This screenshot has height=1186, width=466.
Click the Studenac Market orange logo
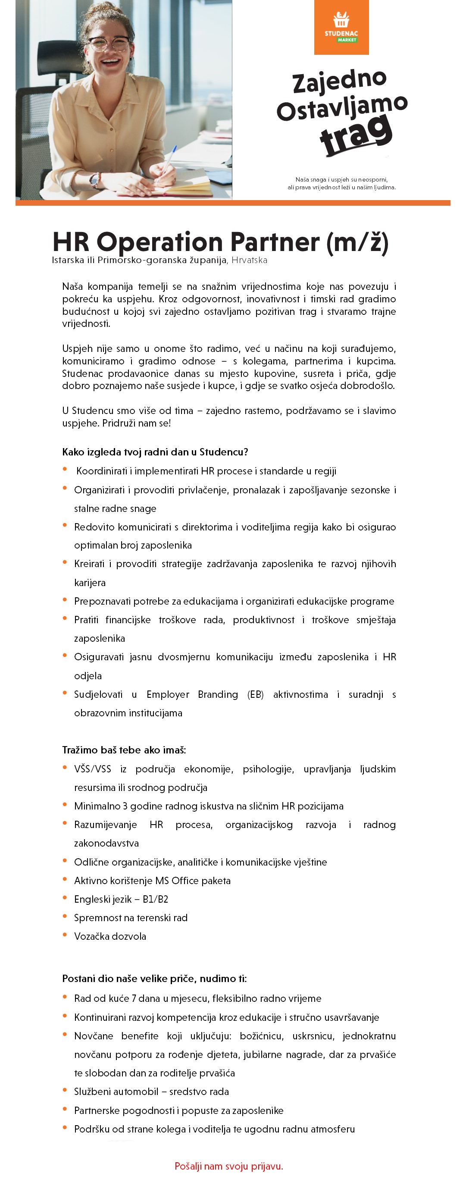[341, 27]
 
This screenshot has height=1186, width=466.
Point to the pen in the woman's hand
[169, 160]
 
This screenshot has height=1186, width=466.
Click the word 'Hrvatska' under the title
[249, 260]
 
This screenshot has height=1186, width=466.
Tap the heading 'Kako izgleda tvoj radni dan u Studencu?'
[155, 452]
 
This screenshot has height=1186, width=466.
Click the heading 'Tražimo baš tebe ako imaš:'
[124, 750]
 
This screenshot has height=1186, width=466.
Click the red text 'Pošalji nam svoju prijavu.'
[228, 1166]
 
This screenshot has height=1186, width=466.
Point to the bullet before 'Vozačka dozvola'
[65, 935]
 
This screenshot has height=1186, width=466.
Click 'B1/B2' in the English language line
[155, 899]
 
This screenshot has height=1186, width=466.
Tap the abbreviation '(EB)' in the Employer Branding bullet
[255, 694]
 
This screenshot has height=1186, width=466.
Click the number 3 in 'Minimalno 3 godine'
[125, 806]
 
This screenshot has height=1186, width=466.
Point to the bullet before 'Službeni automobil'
[65, 1090]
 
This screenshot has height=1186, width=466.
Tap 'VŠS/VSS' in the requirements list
[92, 769]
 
